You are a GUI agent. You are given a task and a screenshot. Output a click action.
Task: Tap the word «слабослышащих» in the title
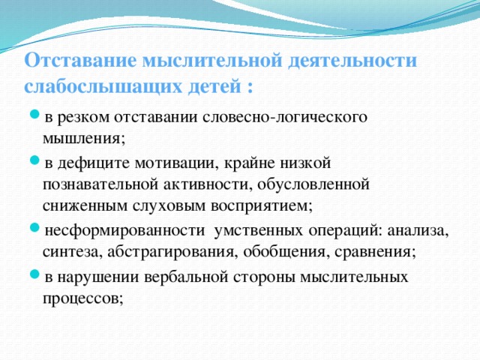pyautogui.click(x=101, y=85)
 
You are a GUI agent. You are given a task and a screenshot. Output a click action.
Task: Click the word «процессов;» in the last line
pyautogui.click(x=82, y=298)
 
